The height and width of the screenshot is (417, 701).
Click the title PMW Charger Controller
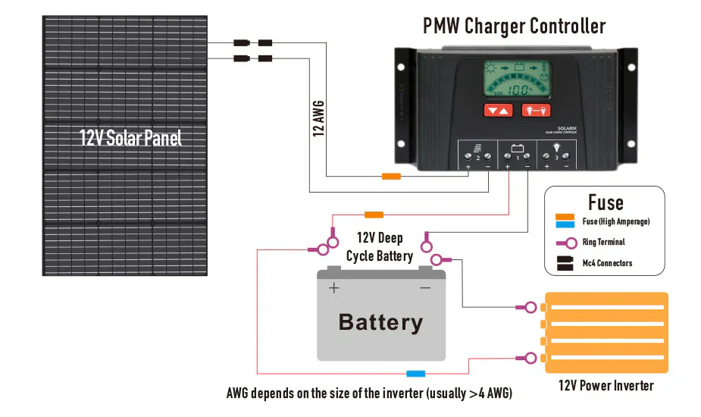tap(515, 27)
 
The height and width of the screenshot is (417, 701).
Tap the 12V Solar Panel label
tap(130, 139)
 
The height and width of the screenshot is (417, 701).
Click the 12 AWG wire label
tap(319, 118)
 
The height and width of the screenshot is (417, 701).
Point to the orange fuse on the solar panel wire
tap(391, 177)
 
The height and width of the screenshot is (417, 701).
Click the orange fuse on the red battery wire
tap(374, 215)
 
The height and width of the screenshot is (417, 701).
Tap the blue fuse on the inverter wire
tap(415, 373)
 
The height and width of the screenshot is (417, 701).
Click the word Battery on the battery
tap(380, 321)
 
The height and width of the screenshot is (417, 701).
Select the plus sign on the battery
tap(333, 288)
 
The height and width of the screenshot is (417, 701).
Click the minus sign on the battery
tap(425, 288)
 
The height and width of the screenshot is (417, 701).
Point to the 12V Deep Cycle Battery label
tap(380, 247)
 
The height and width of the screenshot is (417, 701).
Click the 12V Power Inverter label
tap(606, 385)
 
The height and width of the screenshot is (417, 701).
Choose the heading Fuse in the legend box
tap(606, 202)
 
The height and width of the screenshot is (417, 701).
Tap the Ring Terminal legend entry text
tap(604, 243)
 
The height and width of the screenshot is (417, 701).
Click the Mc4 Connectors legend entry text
tap(607, 263)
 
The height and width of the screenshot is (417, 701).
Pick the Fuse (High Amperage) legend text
tap(616, 222)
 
